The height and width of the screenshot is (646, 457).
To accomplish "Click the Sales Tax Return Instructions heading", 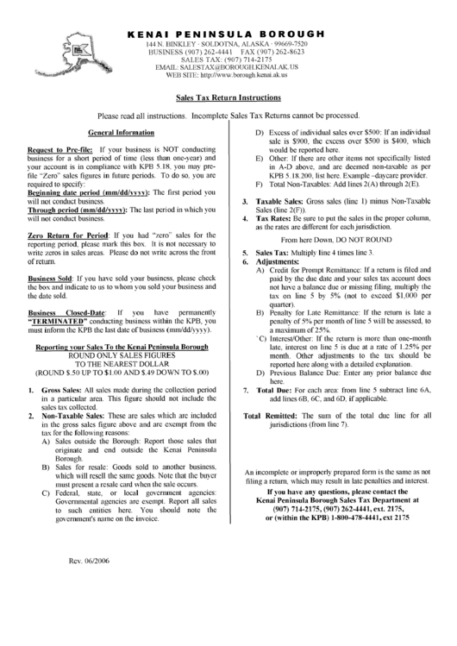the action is (228, 99).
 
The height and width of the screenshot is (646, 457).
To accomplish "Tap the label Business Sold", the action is (50, 279).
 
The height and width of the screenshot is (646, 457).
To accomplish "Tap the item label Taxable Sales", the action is (273, 200).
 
